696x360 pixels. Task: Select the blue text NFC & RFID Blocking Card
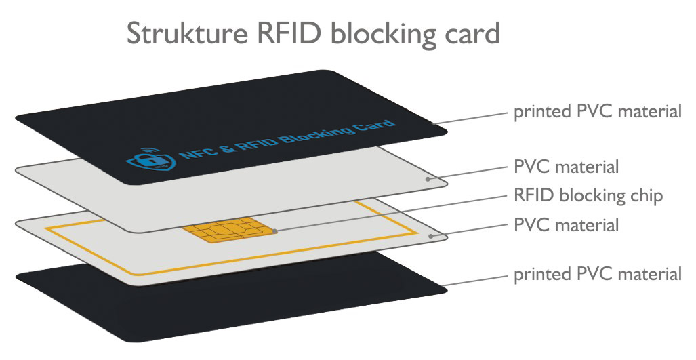(x=285, y=142)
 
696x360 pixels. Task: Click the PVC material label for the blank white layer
(x=567, y=166)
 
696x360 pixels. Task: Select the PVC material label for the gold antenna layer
(x=567, y=224)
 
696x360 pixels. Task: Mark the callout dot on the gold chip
(x=274, y=232)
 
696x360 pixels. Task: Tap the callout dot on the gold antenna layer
(x=433, y=236)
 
